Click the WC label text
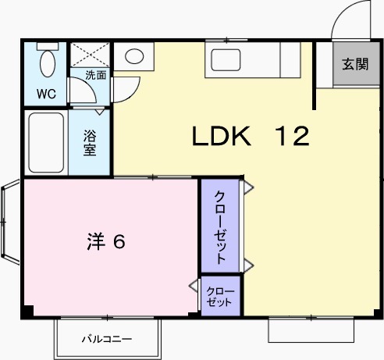[x=45, y=94]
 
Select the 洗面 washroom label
[x=96, y=76]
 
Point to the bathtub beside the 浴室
[x=45, y=143]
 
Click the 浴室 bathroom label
[x=91, y=142]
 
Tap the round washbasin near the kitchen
[x=135, y=56]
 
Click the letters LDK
[x=222, y=137]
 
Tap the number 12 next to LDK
[x=292, y=137]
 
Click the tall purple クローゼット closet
[x=221, y=226]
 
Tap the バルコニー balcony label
[x=107, y=340]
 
